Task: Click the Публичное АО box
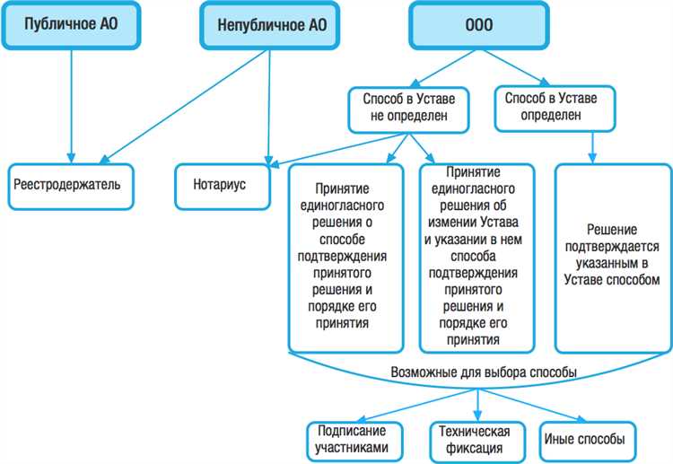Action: (x=70, y=25)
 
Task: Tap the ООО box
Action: (x=477, y=25)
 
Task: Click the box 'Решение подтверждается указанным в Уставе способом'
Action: (x=613, y=256)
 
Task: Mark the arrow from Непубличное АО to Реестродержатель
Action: (x=170, y=112)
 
